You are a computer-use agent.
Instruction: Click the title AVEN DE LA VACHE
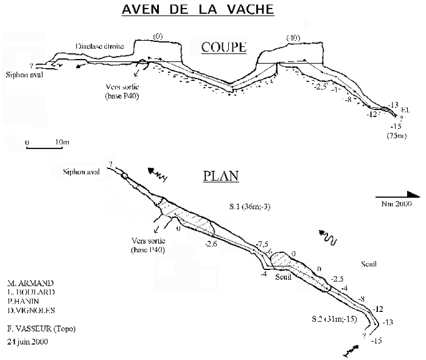(x=197, y=10)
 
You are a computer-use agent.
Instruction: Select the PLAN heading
(x=220, y=176)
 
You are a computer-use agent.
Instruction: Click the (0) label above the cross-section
(x=159, y=36)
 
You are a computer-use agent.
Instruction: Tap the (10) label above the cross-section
(x=293, y=39)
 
